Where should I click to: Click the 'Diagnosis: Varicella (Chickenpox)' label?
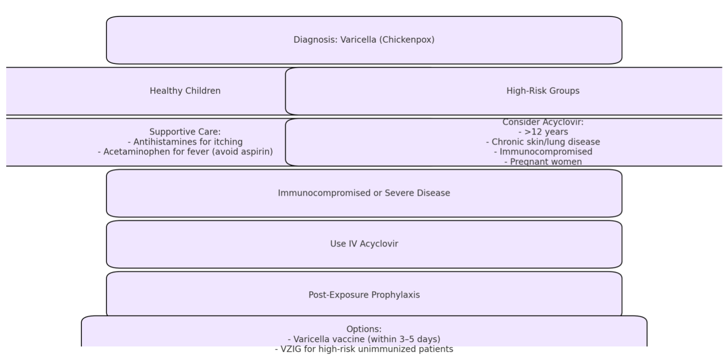[364, 39]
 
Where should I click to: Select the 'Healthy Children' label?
[185, 91]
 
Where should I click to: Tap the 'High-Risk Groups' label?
[543, 91]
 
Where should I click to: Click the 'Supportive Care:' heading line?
[185, 132]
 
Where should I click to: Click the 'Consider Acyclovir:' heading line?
[543, 122]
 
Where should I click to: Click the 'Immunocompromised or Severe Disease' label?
[364, 193]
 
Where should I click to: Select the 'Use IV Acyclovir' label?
[364, 244]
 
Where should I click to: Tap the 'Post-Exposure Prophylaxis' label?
[364, 294]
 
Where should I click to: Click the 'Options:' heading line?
[364, 329]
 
